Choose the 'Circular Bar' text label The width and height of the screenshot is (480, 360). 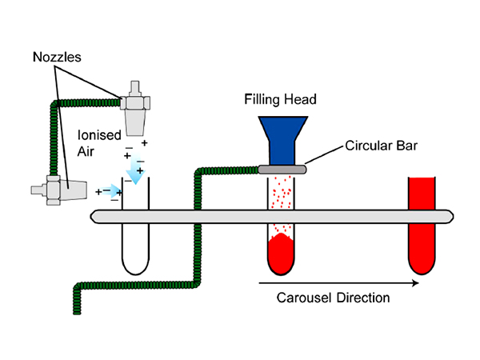[x=381, y=147]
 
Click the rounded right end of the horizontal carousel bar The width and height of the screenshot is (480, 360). [x=448, y=216]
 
